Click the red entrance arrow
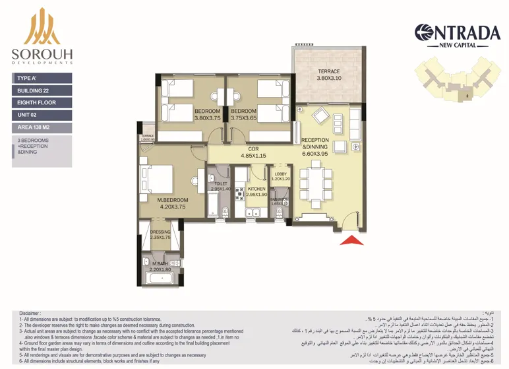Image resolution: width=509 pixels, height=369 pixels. coord(351,240)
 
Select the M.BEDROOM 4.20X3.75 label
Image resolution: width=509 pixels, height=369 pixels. coord(173,203)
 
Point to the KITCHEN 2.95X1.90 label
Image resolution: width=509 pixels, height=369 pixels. coord(256,191)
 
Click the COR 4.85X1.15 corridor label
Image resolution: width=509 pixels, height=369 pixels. coord(253,152)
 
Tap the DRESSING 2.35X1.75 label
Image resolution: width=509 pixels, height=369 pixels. coord(160,234)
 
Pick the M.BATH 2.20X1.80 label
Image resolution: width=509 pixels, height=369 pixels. coord(160,267)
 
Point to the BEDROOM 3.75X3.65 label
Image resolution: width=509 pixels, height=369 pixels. coord(243,114)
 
